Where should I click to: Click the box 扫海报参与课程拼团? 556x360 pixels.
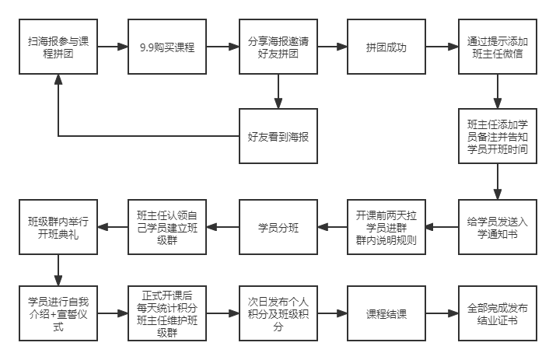[58, 47]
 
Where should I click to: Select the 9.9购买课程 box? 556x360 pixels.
[168, 47]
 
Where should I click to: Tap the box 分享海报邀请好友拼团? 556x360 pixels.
[278, 47]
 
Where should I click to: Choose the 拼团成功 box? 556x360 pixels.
[387, 47]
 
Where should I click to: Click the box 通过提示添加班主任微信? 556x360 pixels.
[497, 47]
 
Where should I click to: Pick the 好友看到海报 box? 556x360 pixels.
[278, 137]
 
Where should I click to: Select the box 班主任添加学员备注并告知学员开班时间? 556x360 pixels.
[497, 137]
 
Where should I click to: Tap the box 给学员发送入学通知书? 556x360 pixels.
[497, 227]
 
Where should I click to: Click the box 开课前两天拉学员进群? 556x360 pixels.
[387, 227]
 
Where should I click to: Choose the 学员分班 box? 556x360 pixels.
[278, 227]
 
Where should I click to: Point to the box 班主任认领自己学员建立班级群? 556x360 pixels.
[168, 227]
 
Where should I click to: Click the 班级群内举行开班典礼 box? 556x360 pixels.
[58, 227]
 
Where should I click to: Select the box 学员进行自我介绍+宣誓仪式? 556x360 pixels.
[58, 313]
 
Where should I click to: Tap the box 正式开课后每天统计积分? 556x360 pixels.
[168, 313]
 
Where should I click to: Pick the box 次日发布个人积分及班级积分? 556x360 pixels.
[278, 313]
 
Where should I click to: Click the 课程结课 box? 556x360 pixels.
[387, 313]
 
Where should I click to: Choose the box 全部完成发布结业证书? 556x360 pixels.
[497, 313]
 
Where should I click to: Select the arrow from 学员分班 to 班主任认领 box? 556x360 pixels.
[223, 227]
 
